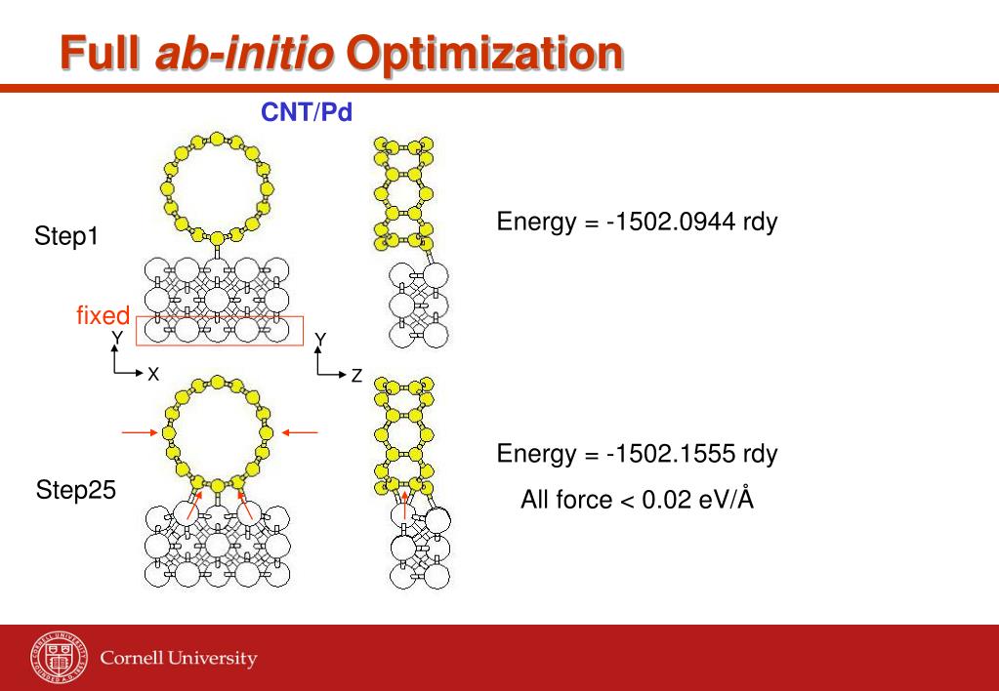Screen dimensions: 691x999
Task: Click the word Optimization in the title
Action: click(484, 53)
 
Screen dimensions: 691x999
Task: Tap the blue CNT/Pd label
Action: click(306, 112)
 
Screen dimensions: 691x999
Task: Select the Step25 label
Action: click(75, 490)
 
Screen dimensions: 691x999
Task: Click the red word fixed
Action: click(103, 315)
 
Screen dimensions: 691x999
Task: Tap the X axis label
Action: click(153, 374)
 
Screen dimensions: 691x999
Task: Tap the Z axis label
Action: click(356, 375)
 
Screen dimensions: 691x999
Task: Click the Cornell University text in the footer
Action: click(179, 658)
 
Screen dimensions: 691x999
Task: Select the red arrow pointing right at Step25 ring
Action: click(137, 431)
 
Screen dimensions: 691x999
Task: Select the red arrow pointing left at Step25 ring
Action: click(302, 431)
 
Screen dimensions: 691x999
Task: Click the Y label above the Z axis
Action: click(320, 339)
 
